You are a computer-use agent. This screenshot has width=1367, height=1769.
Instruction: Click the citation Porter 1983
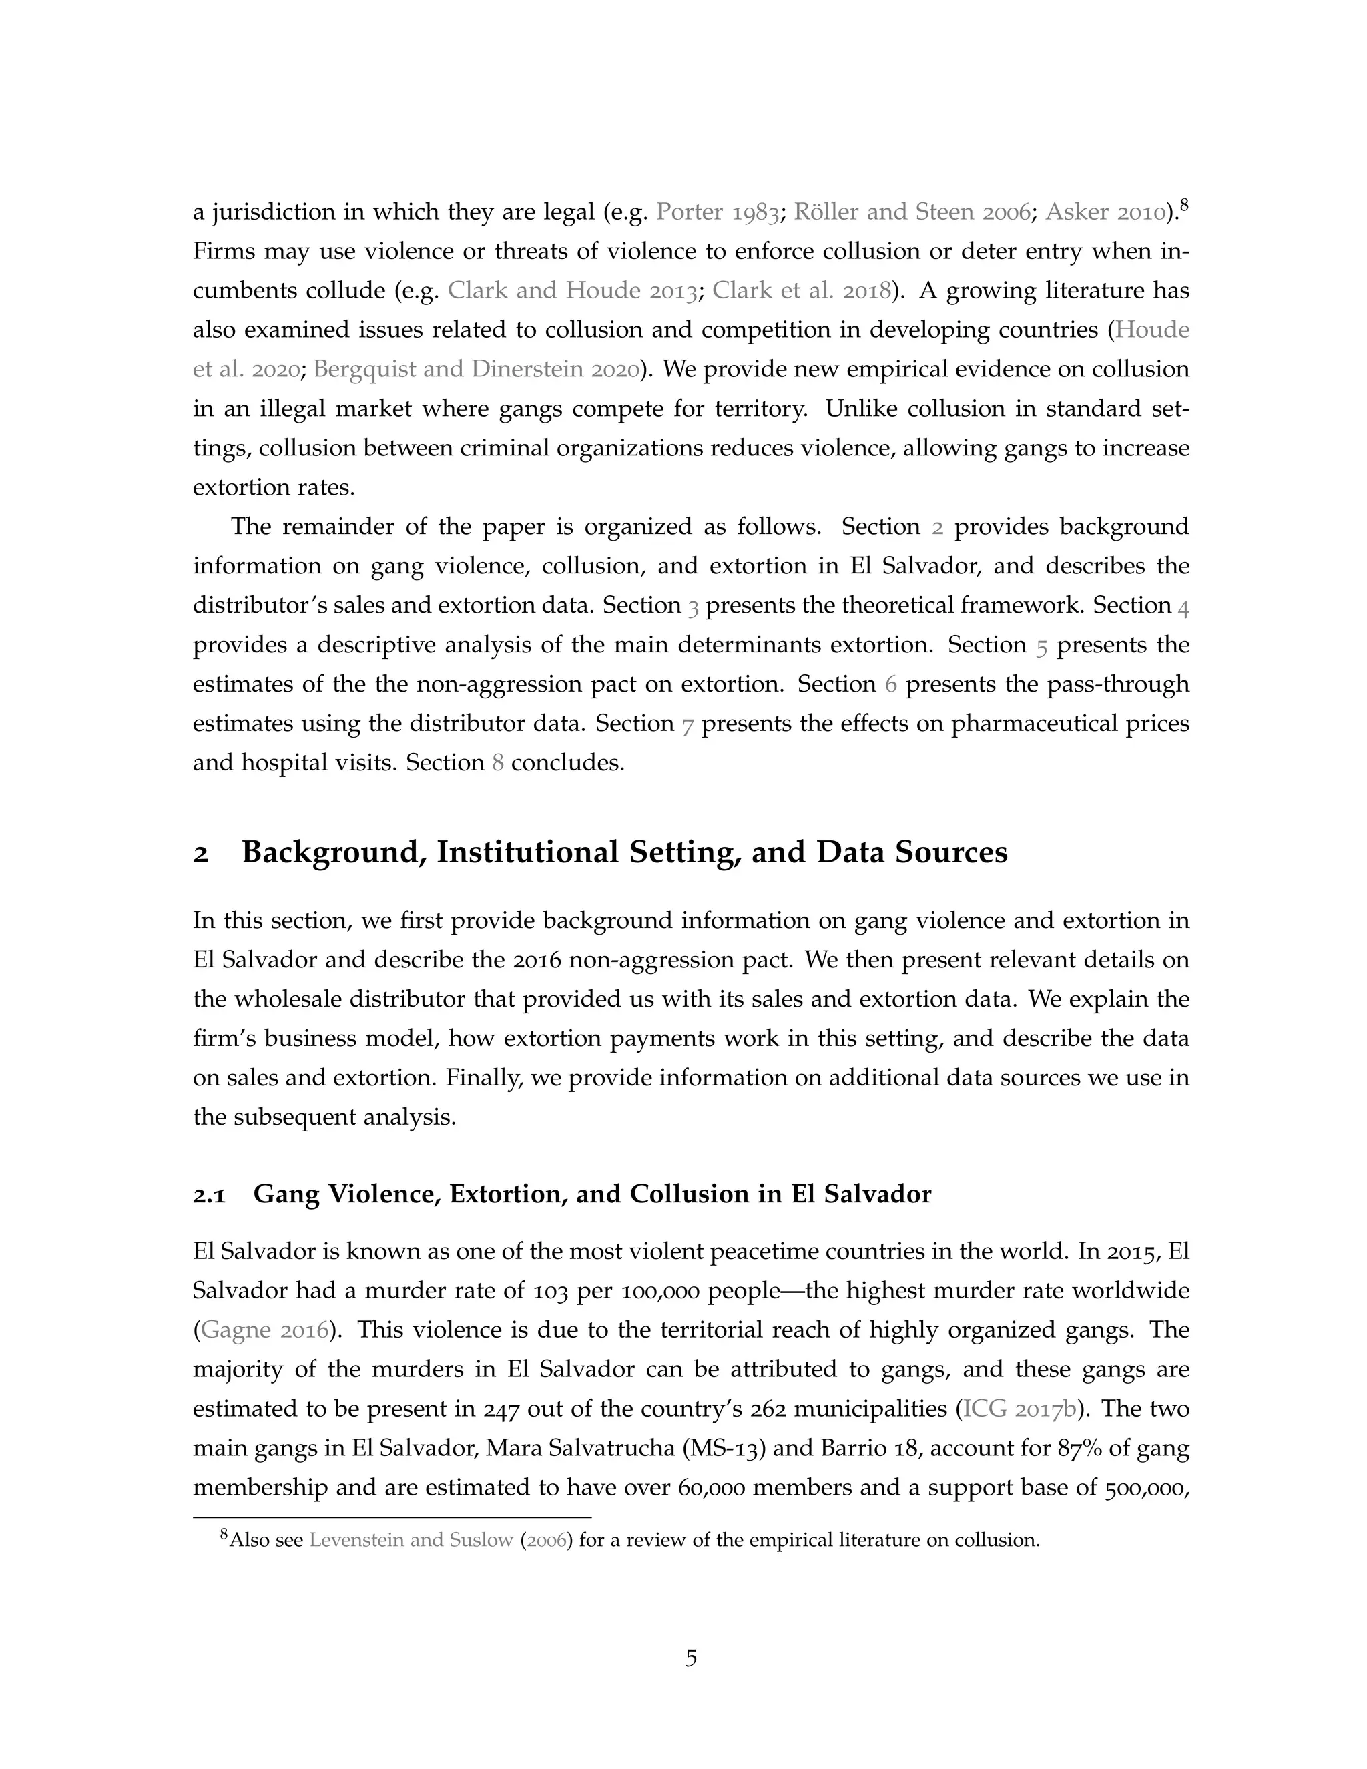(x=718, y=212)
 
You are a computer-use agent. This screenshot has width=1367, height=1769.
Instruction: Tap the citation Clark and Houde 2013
(x=573, y=291)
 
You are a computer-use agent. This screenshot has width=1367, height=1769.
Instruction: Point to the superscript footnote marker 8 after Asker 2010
(x=1183, y=205)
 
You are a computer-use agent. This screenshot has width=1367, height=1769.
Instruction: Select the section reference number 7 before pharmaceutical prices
(x=688, y=724)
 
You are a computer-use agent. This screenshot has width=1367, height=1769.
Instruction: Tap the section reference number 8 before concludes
(x=498, y=763)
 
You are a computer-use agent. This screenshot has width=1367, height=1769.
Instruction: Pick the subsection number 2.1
(x=209, y=1195)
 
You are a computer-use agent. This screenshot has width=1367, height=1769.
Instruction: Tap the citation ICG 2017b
(x=1018, y=1409)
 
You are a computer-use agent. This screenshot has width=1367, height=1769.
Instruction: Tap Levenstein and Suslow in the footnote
(x=411, y=1540)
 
